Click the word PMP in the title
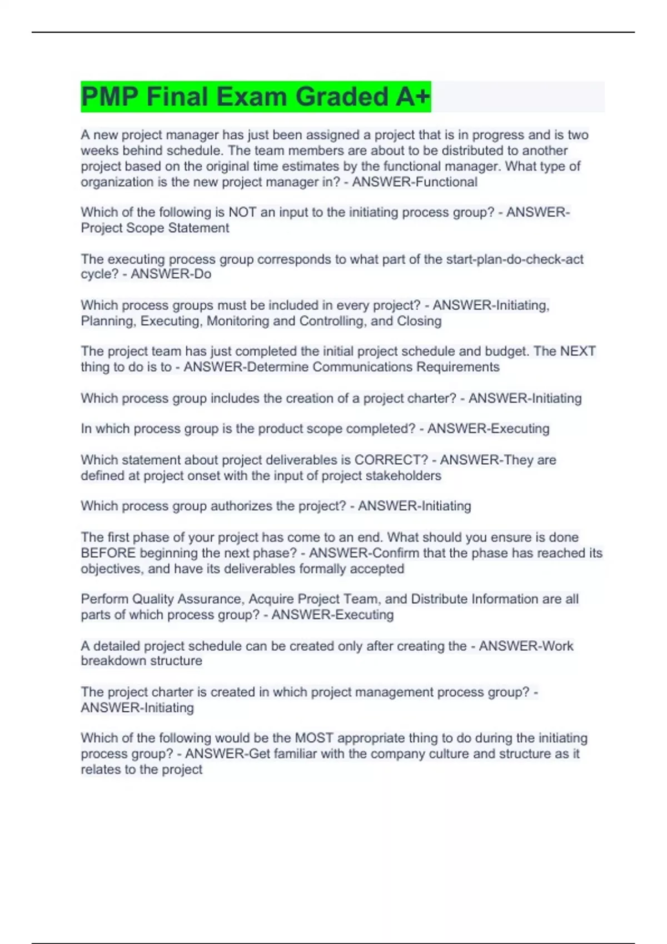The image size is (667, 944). pos(109,97)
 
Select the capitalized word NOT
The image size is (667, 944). pos(242,212)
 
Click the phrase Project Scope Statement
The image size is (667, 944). pos(155,228)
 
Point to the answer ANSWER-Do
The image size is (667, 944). pos(171,274)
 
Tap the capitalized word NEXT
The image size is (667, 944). pos(578,351)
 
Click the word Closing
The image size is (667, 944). pos(419,321)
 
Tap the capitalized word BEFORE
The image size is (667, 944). pos(108,553)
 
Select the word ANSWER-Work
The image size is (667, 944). pos(526,646)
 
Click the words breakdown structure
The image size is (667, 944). pos(141,661)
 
